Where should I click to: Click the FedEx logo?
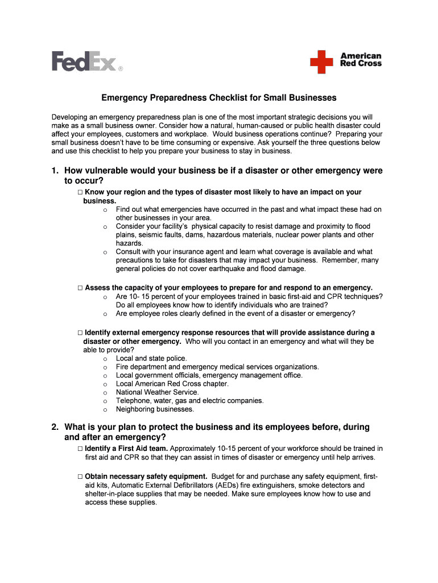87,61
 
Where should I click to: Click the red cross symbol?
321,61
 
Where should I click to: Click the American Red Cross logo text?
361,60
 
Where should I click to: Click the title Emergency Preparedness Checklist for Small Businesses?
218,98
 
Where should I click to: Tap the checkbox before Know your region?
80,192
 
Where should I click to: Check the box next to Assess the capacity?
80,288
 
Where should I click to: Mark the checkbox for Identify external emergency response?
80,332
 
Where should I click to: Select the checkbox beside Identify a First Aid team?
80,449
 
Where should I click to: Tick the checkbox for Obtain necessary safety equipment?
80,476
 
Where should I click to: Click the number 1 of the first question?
55,171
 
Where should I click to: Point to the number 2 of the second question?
55,427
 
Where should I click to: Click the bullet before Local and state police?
105,359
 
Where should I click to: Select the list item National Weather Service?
157,392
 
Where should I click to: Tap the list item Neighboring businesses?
155,409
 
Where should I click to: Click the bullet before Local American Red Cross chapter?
105,384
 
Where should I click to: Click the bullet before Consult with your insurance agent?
105,252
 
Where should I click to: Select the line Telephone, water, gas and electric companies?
189,401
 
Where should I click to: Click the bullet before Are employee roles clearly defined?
105,314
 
